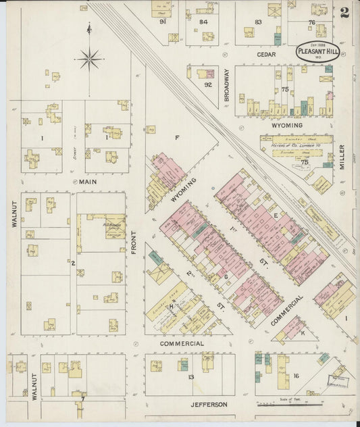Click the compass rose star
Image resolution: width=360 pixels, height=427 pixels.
tap(89, 59)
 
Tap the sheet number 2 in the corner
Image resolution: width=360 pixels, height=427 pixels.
tap(344, 11)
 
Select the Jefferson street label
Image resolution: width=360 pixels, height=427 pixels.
tap(208, 405)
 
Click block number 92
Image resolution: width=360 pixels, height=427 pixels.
tap(207, 84)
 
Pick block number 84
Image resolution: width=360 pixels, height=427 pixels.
tap(203, 22)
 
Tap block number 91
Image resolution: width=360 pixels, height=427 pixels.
tap(163, 22)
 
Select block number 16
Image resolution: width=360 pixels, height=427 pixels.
tap(296, 376)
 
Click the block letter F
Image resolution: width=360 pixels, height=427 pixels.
tap(177, 137)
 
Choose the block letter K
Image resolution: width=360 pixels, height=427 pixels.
tap(303, 333)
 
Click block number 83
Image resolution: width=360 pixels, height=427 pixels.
tap(258, 22)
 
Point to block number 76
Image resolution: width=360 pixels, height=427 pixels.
tap(311, 22)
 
